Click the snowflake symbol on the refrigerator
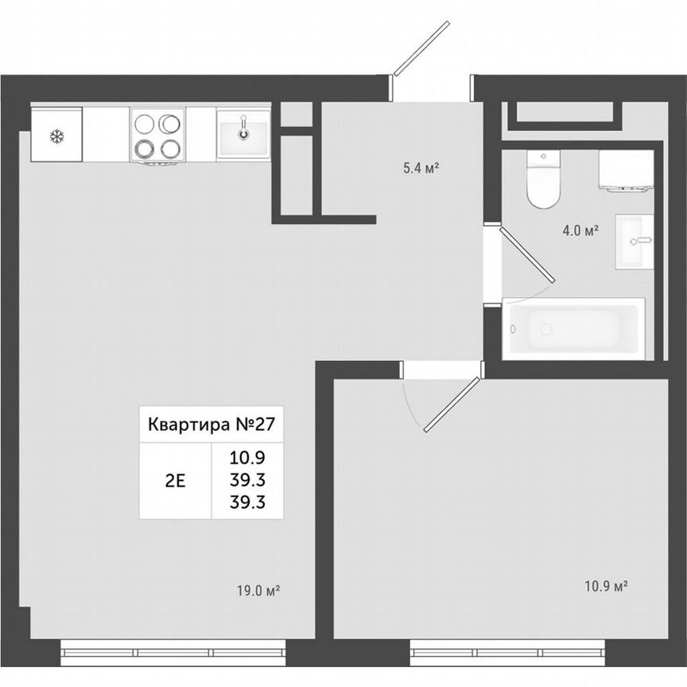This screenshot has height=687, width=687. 56,136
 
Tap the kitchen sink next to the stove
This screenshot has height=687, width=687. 243,134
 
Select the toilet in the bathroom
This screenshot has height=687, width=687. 543,181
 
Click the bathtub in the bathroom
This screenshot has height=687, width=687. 573,328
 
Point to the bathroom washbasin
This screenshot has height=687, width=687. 635,241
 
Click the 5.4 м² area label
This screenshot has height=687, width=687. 421,168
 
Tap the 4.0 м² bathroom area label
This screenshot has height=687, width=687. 580,231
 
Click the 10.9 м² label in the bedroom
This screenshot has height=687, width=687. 607,586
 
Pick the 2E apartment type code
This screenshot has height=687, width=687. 175,479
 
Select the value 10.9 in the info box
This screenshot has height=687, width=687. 246,457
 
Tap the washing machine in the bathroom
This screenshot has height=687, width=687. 625,171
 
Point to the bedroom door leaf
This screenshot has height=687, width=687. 452,405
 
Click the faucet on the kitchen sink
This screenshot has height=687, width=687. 244,127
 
